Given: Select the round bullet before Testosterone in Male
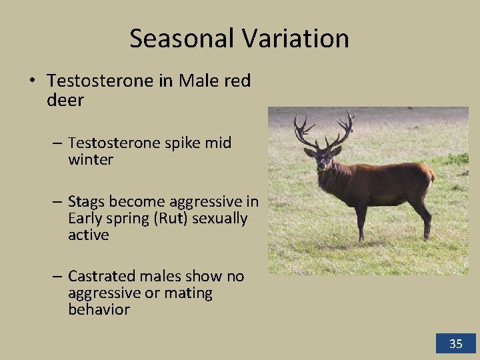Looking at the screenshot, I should [32, 81].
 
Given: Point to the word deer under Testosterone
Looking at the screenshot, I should [65, 100].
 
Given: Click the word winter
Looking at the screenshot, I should [91, 160].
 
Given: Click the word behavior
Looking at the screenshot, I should [99, 310].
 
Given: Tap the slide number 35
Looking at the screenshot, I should [456, 344].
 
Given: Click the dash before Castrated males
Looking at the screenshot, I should [57, 276].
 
